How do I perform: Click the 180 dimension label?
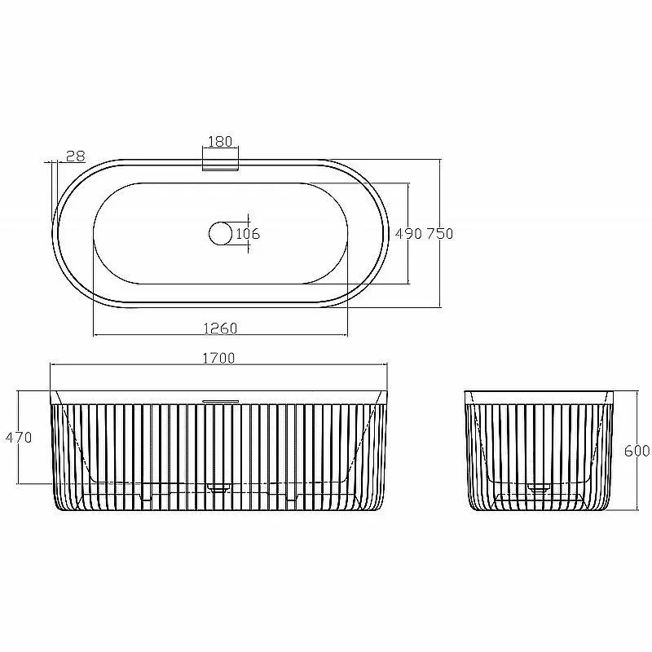click(220, 141)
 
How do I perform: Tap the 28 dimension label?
click(76, 156)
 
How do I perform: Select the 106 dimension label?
click(248, 234)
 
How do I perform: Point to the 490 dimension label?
click(408, 234)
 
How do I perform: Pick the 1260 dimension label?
click(220, 328)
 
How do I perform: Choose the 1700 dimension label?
click(218, 358)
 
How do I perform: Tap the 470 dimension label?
click(18, 437)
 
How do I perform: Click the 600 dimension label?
click(637, 451)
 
